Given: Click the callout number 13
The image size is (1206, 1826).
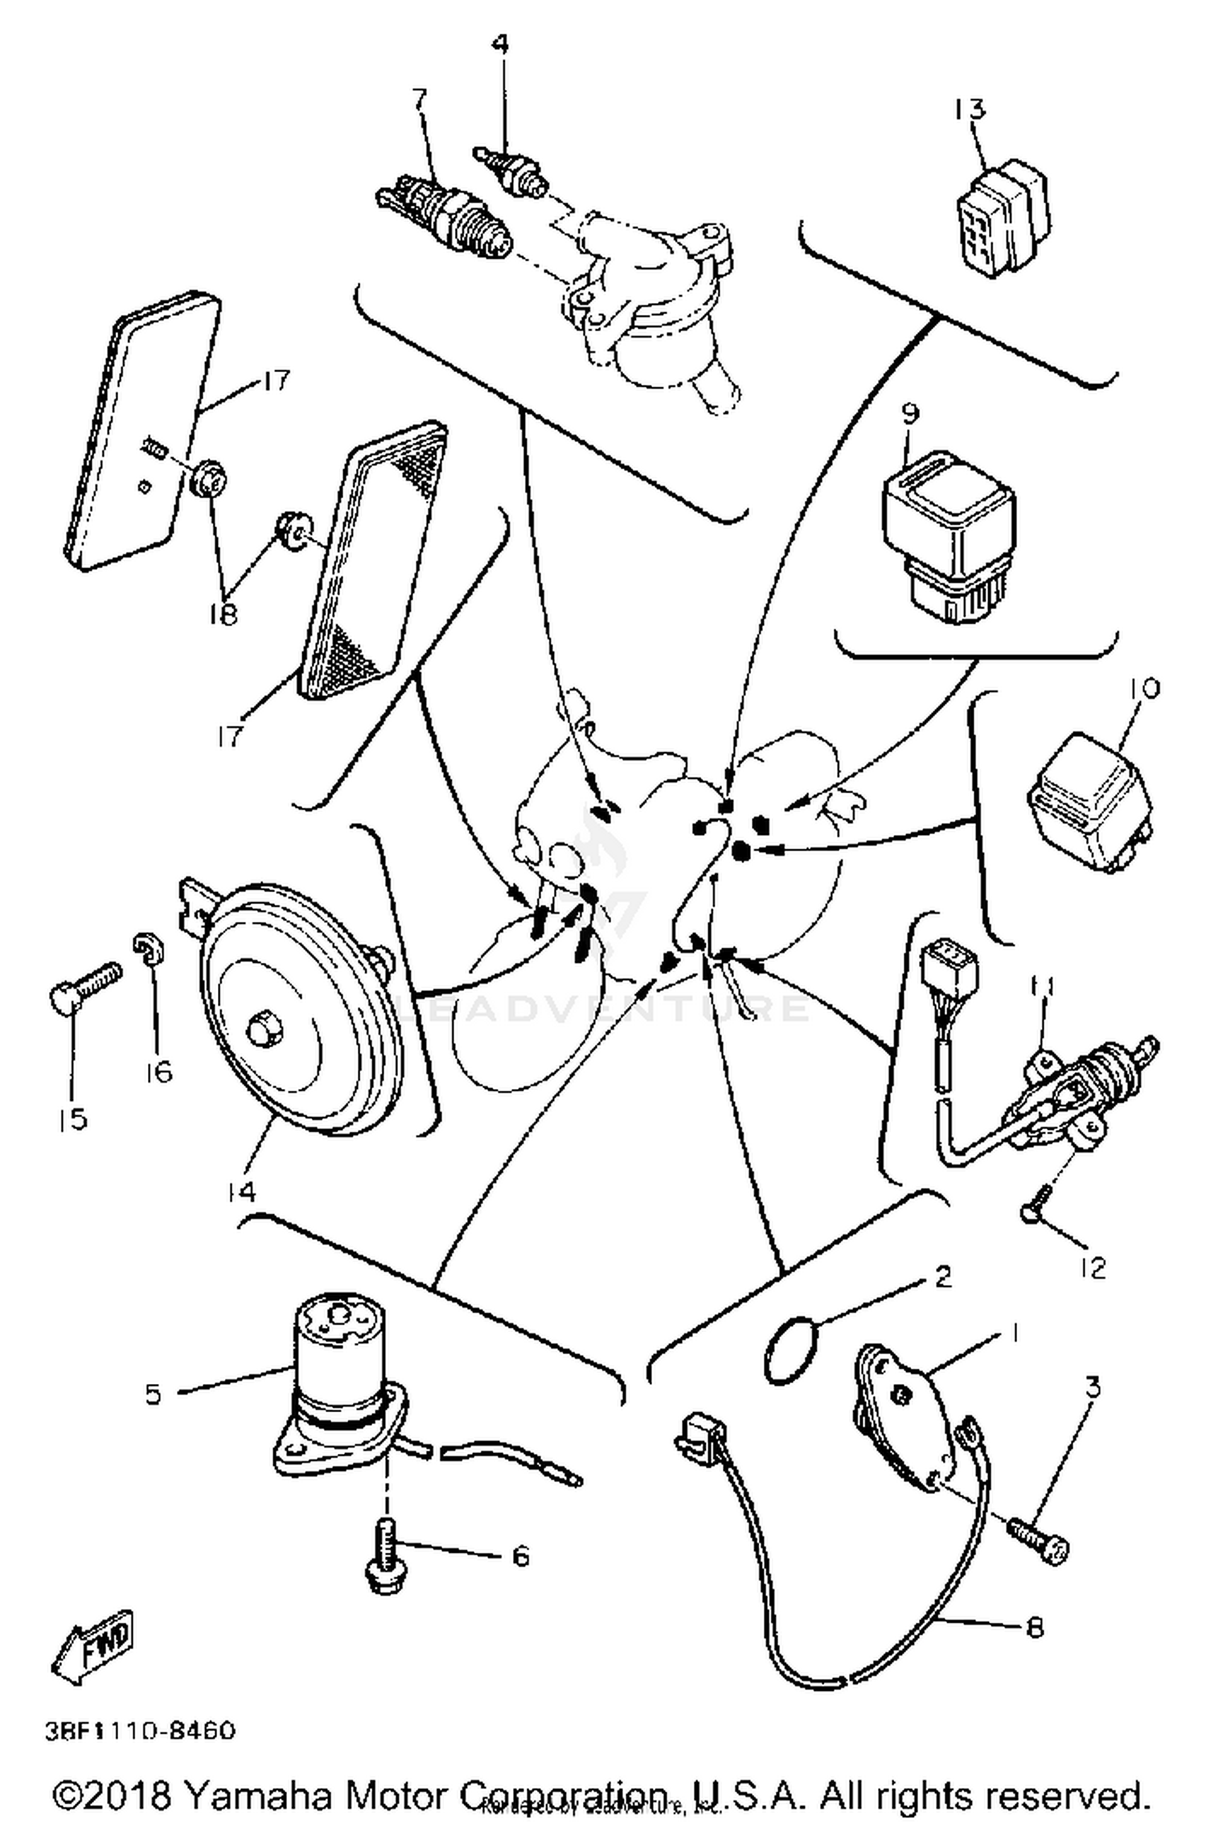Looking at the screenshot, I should [970, 108].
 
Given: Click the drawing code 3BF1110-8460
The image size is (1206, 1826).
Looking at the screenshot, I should [142, 1730].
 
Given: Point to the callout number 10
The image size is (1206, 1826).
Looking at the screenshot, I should [1145, 688].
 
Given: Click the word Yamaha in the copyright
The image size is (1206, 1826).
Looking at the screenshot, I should [259, 1795].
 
